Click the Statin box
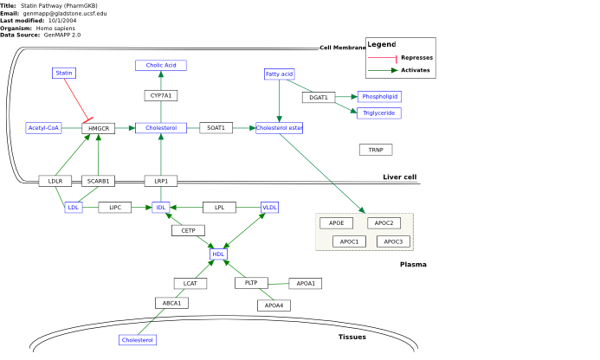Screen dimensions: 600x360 click(64, 73)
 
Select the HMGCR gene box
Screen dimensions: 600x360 click(99, 128)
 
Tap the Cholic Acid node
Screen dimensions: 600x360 click(161, 66)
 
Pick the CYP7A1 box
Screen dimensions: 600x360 click(161, 95)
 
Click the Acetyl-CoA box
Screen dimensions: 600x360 click(43, 128)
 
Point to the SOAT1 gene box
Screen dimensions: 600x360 click(216, 128)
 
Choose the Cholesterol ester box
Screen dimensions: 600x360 click(280, 128)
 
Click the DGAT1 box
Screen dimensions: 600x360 click(319, 97)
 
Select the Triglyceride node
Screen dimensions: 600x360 click(379, 112)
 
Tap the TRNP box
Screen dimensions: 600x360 click(376, 150)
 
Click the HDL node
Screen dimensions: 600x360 click(218, 254)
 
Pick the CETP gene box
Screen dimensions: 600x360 click(188, 230)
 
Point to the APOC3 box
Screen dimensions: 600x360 click(393, 241)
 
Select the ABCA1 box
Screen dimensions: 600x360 click(171, 303)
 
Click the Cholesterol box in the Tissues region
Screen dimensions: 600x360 click(138, 340)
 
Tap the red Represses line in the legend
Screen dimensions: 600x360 click(383, 58)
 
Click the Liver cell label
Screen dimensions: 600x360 click(399, 177)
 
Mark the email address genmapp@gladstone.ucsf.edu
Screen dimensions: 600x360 click(65, 13)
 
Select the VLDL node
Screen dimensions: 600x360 click(269, 208)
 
